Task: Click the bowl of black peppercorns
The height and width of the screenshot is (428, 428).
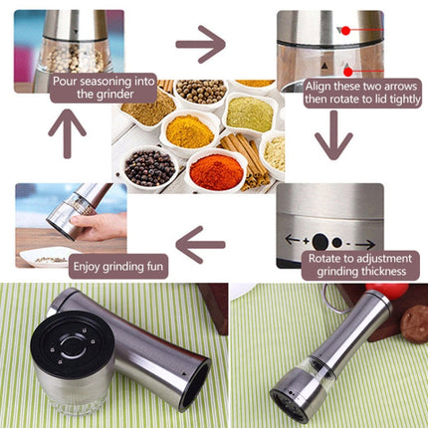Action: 147,167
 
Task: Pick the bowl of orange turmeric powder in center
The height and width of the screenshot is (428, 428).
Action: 188,129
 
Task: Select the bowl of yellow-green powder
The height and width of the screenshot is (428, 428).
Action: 248,112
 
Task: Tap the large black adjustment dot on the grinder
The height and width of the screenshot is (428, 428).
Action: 321,241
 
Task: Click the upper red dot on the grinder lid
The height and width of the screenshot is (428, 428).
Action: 346,30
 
